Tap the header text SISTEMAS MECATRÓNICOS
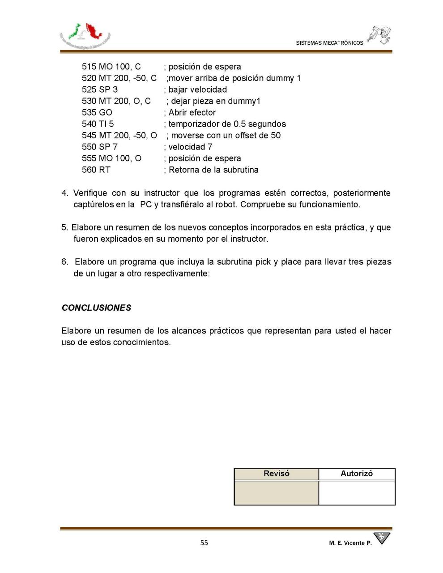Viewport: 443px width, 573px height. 329,43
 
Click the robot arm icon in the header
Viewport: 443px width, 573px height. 379,35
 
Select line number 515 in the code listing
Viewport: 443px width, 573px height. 89,67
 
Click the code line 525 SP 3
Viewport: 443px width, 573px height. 100,90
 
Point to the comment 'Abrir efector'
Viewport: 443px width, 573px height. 192,112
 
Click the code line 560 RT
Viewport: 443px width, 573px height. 96,170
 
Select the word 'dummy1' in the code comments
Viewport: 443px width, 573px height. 246,101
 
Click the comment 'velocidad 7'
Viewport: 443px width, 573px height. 190,147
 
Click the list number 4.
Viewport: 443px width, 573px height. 65,193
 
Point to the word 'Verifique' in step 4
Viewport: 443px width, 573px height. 90,193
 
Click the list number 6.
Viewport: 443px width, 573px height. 65,261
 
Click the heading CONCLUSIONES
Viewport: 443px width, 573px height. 96,308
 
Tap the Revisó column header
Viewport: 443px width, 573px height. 276,474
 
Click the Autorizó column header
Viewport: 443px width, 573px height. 356,474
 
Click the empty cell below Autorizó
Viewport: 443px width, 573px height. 357,492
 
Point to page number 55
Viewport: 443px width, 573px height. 204,543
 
